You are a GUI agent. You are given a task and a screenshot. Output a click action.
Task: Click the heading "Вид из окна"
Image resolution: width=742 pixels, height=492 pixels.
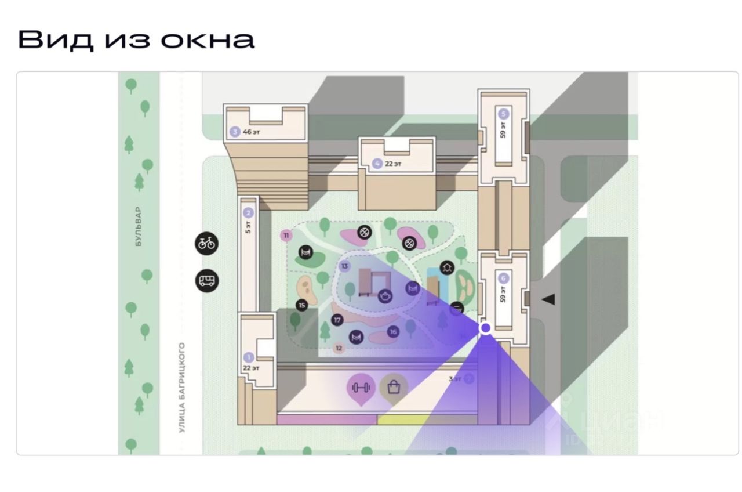136,39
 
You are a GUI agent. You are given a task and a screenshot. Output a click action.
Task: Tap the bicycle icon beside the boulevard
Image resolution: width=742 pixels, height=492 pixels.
207,243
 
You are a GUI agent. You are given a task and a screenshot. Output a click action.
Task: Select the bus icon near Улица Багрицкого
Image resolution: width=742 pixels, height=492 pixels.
207,281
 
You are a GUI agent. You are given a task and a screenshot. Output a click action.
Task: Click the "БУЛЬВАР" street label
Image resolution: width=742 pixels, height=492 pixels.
138,227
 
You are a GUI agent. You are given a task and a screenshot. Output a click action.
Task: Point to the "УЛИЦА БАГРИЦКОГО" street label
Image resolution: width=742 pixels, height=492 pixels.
182,387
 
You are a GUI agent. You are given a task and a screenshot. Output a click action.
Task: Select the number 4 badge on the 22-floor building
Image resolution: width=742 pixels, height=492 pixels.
378,164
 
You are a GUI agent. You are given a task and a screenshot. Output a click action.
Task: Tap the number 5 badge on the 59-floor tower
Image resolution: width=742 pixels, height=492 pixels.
504,114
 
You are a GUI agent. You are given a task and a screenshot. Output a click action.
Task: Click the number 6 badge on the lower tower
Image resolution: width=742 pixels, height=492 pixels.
503,278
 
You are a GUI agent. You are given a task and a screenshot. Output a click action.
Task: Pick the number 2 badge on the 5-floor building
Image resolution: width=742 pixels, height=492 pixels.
249,213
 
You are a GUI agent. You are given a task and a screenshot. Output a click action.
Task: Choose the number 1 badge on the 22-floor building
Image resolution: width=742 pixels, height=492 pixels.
249,357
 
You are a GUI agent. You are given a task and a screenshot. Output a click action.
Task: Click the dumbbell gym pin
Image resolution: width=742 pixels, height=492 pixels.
361,387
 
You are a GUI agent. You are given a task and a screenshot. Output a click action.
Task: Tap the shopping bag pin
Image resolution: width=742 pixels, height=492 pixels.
394,387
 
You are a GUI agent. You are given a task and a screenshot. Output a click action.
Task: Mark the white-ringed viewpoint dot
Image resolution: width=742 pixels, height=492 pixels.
486,328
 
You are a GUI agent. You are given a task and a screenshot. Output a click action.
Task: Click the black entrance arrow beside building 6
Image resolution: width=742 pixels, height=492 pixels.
548,299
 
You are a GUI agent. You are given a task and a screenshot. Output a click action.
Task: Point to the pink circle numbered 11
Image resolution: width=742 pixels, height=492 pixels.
285,235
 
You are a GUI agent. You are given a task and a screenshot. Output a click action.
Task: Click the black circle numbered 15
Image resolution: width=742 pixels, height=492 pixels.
301,305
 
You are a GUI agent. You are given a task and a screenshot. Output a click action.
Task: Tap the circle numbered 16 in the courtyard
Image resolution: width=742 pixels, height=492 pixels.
394,332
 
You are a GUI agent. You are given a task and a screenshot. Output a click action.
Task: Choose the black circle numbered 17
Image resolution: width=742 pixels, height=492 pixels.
338,320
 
